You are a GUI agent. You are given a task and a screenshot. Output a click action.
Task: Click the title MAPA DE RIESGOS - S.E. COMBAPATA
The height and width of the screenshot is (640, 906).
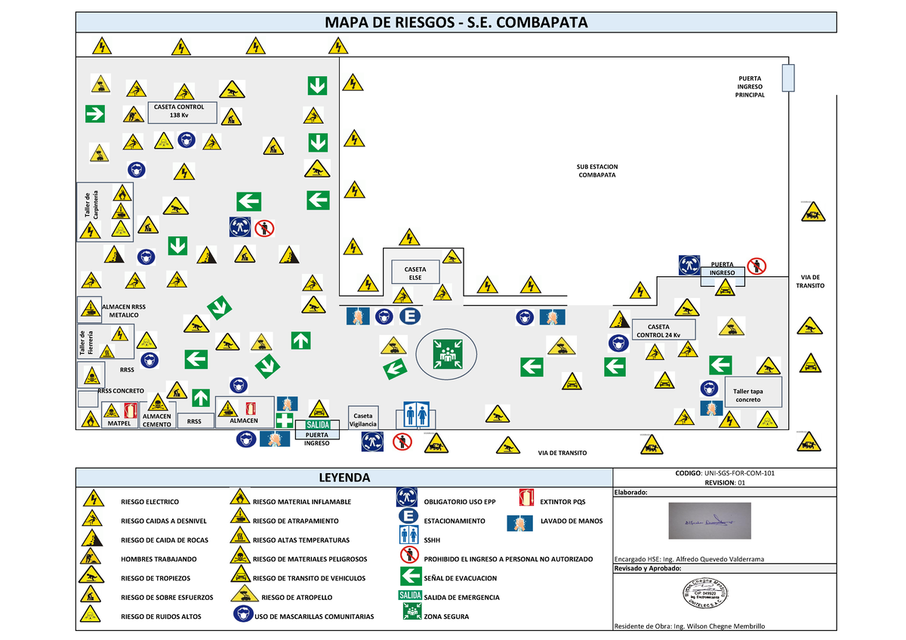(x=455, y=22)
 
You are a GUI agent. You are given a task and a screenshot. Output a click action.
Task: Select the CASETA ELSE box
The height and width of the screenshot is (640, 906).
(x=414, y=273)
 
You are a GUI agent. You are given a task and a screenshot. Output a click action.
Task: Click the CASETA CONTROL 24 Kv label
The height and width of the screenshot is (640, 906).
(x=658, y=330)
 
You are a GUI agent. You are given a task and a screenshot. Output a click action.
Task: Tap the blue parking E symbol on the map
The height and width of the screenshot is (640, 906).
(x=412, y=316)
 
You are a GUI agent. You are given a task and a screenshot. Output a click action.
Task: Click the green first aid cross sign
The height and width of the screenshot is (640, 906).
(x=285, y=420)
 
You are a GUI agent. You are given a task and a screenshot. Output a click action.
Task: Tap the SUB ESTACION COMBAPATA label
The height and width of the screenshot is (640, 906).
(x=597, y=171)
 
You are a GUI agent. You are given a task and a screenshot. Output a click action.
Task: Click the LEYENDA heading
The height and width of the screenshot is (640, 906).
(x=344, y=478)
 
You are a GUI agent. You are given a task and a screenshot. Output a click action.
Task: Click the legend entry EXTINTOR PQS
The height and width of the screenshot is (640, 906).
(x=562, y=501)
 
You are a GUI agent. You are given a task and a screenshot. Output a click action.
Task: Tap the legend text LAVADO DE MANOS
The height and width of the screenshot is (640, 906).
(x=572, y=521)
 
